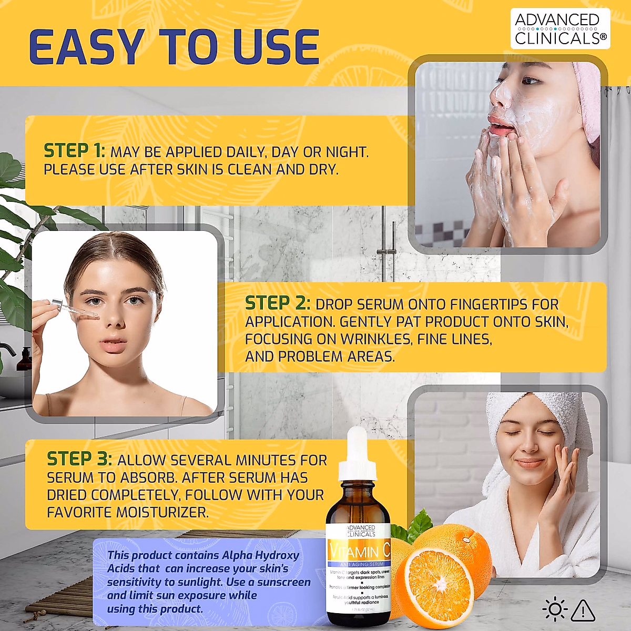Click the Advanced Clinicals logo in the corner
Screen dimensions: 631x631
(x=560, y=29)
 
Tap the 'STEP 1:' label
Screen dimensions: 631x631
(x=74, y=151)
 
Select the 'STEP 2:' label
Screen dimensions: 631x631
(x=277, y=303)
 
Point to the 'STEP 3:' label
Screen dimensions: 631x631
(x=79, y=459)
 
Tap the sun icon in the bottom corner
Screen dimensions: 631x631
(x=554, y=610)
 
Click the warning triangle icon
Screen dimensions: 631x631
(x=583, y=610)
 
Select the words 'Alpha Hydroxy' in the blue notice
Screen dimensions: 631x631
(x=260, y=555)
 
